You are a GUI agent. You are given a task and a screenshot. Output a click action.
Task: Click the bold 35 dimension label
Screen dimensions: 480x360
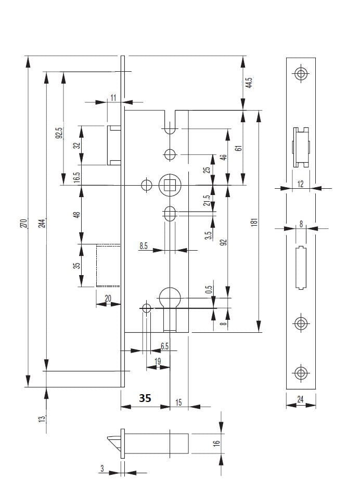tap(145, 398)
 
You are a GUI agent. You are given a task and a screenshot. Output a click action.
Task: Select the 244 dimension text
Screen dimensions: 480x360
tap(43, 223)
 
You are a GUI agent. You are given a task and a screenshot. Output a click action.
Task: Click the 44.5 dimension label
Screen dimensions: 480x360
tap(249, 83)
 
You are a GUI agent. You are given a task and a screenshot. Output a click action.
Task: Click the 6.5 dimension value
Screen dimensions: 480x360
tap(164, 346)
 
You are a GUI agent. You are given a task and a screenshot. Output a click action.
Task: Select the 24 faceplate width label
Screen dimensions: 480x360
tap(301, 400)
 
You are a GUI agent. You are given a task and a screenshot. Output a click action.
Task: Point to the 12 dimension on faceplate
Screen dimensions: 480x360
tap(300, 184)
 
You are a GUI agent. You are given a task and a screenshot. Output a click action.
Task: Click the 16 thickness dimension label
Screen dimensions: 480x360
tap(216, 443)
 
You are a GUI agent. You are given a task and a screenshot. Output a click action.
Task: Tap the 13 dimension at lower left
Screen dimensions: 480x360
tap(42, 417)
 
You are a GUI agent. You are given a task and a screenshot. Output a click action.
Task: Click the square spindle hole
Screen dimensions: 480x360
tap(169, 185)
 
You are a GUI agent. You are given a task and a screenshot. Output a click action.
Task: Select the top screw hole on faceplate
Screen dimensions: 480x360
tap(300, 73)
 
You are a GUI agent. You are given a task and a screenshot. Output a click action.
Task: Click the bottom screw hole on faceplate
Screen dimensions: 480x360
tap(300, 373)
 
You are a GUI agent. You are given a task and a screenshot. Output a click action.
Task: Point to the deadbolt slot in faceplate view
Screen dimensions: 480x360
tap(300, 268)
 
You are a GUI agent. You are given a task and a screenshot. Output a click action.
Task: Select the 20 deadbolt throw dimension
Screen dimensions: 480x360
tap(108, 298)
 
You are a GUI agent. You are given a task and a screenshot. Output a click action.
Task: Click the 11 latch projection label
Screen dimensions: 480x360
tap(113, 97)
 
